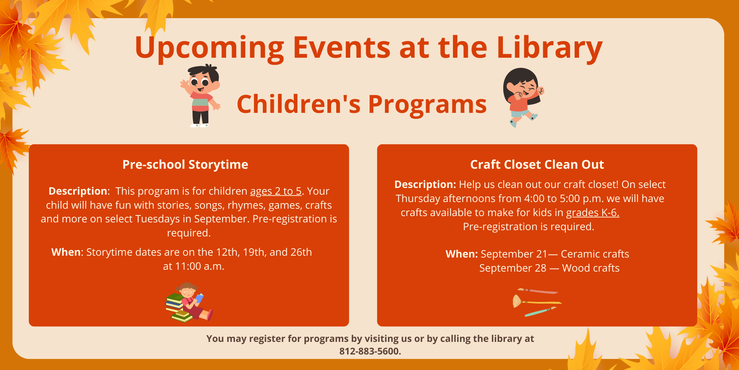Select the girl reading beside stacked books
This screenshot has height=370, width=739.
pyautogui.click(x=189, y=302)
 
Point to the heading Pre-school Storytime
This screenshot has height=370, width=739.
pyautogui.click(x=185, y=164)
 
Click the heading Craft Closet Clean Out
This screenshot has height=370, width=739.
pyautogui.click(x=537, y=164)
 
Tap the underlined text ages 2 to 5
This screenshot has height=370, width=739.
pyautogui.click(x=276, y=191)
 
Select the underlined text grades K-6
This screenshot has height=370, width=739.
pyautogui.click(x=593, y=213)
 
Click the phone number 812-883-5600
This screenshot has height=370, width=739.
pyautogui.click(x=370, y=351)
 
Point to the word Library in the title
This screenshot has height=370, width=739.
pyautogui.click(x=550, y=48)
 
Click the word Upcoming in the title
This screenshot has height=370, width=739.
pyautogui.click(x=209, y=48)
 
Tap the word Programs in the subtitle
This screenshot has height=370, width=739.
pyautogui.click(x=428, y=104)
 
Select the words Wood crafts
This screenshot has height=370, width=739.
pyautogui.click(x=591, y=268)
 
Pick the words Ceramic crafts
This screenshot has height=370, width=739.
pyautogui.click(x=595, y=254)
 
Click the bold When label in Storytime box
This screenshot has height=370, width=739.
pyautogui.click(x=66, y=252)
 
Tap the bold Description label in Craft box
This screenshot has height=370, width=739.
pyautogui.click(x=425, y=185)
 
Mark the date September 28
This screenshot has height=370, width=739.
pyautogui.click(x=513, y=268)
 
